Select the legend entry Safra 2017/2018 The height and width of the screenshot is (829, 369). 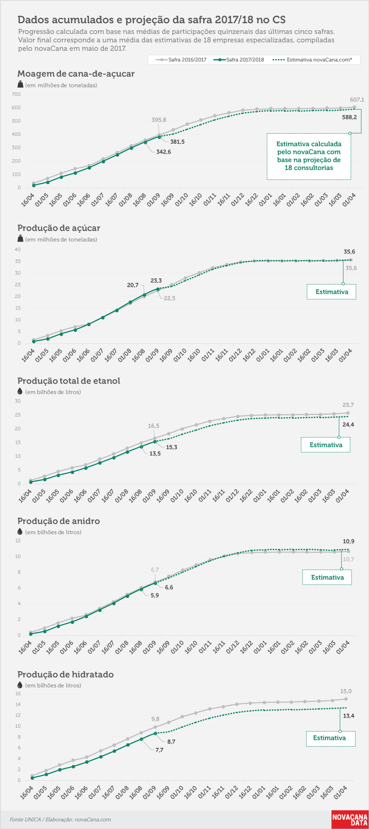coord(240,60)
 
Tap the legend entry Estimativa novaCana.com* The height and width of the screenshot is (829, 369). coord(312,60)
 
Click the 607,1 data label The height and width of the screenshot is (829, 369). coord(357,100)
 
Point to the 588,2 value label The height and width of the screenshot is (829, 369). coord(349,117)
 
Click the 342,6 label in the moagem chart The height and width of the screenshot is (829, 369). coord(164,152)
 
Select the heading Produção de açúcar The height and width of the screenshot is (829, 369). coord(59,228)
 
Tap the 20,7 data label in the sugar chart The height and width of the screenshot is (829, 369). coord(133,285)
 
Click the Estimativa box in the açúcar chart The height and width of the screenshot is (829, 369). coord(331,292)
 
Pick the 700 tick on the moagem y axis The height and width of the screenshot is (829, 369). coord(16,94)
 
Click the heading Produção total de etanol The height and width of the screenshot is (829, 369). coord(69,381)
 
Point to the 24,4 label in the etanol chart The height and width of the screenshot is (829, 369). coord(348,425)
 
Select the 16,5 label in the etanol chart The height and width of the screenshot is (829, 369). coord(154,426)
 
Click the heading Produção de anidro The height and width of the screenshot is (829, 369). coord(59,521)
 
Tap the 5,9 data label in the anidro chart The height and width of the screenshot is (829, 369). coord(155,596)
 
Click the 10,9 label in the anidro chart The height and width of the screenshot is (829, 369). coord(348,541)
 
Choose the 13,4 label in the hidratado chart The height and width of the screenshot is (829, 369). coord(349,716)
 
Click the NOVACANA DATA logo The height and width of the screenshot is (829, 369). coord(350,820)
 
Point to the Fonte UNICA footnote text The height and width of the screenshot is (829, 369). coord(60,819)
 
